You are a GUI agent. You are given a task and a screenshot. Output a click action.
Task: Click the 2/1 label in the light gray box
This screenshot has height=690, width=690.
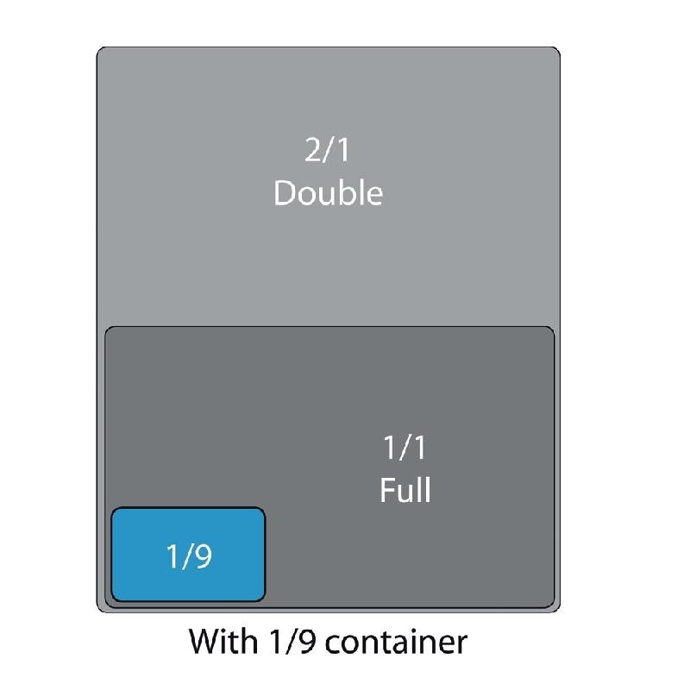(x=327, y=150)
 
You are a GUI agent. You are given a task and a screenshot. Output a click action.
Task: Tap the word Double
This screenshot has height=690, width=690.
(x=329, y=192)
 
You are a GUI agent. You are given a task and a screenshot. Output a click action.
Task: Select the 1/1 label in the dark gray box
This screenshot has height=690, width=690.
(x=405, y=448)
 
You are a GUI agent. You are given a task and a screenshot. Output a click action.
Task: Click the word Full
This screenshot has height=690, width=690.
(x=405, y=489)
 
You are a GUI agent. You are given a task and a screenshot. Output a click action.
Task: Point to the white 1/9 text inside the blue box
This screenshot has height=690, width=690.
(x=189, y=556)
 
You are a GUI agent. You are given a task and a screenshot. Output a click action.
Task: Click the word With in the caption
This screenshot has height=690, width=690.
(x=223, y=642)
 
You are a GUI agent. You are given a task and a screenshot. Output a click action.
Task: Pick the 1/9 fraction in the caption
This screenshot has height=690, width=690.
(x=292, y=642)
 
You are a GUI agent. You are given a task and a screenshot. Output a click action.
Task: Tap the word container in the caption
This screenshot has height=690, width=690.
(x=396, y=643)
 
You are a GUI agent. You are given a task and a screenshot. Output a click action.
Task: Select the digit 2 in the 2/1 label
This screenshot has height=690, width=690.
(x=313, y=150)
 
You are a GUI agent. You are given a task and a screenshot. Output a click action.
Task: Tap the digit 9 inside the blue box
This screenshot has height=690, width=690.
(x=203, y=556)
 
